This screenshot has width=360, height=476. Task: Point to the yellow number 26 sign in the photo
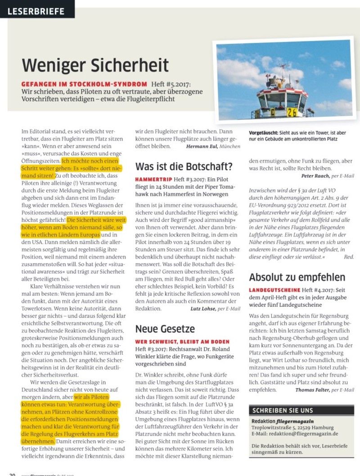(x=292, y=111)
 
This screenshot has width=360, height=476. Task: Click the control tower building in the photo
(x=283, y=92)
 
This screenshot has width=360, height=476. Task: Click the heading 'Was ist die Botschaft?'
(x=184, y=166)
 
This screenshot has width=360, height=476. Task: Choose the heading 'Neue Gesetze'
(x=165, y=329)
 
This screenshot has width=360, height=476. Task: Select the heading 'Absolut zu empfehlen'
(x=297, y=277)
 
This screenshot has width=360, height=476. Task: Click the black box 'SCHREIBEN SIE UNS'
(x=283, y=411)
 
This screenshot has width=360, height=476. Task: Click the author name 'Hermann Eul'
(x=202, y=146)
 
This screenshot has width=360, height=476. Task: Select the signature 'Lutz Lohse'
(x=203, y=308)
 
